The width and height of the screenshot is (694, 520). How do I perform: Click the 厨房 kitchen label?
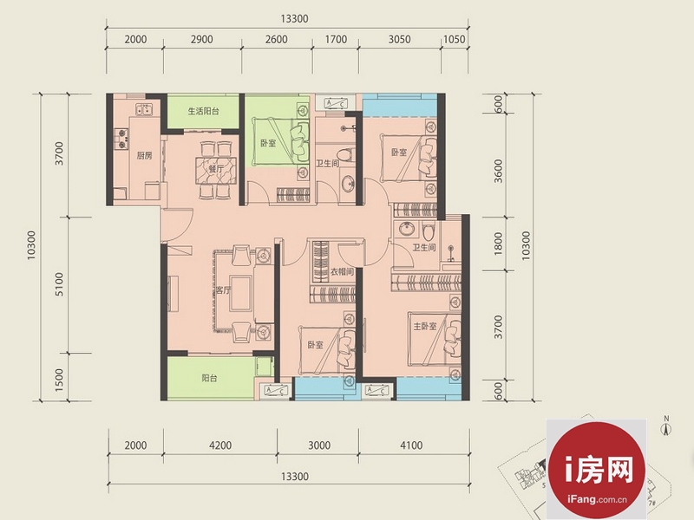(x=144, y=156)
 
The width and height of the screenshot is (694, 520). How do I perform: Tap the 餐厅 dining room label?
(x=216, y=169)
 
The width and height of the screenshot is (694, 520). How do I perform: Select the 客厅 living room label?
(x=223, y=290)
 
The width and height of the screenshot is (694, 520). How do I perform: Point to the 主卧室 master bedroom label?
(x=425, y=327)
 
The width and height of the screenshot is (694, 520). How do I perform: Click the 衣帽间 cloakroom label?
(x=342, y=271)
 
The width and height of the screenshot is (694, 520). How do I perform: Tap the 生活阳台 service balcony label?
(x=204, y=111)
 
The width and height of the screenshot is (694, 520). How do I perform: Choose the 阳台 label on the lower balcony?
(x=209, y=379)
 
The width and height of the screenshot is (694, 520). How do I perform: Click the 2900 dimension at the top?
(x=202, y=39)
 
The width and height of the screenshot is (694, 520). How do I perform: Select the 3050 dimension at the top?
(x=400, y=39)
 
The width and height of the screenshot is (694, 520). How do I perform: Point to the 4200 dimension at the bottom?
(x=220, y=445)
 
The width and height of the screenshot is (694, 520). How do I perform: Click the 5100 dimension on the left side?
(x=59, y=284)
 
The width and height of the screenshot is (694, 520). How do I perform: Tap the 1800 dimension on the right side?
(x=498, y=244)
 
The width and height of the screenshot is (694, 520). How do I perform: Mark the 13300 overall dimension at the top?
(x=294, y=18)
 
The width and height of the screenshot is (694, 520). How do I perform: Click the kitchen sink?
(x=144, y=109)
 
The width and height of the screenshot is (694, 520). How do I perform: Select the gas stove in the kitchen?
(x=121, y=138)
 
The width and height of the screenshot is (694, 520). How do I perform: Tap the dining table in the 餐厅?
(x=216, y=170)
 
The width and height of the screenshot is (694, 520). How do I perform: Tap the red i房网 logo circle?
(x=596, y=470)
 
